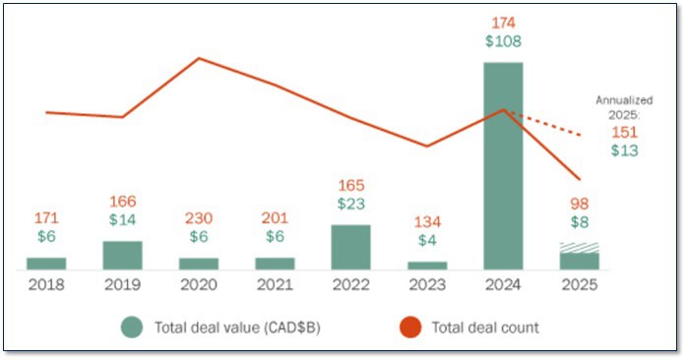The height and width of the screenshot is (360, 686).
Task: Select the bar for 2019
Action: tap(122, 255)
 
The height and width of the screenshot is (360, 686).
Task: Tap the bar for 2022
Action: tap(350, 247)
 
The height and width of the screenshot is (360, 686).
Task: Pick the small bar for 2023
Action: tap(427, 265)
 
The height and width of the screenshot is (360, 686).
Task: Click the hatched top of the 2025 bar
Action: tap(579, 248)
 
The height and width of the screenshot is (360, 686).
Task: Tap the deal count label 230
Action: tap(199, 218)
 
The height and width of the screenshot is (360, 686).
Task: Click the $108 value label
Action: tap(503, 41)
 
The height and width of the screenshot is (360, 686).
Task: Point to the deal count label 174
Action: tap(503, 22)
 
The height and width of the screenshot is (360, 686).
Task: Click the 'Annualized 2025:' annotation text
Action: tap(618, 107)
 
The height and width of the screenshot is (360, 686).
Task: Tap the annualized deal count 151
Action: tap(624, 132)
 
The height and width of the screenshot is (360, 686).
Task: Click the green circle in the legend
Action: tap(132, 328)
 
